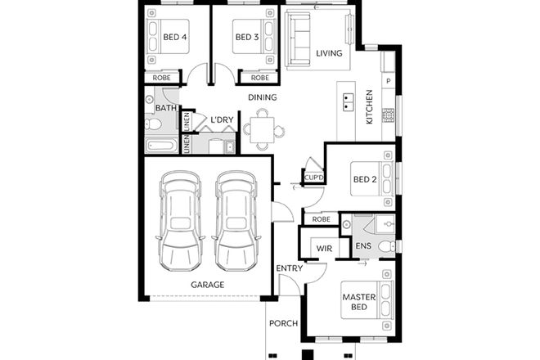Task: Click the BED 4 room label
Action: coord(175,37)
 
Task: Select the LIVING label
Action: coord(329,54)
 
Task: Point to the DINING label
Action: coord(263,97)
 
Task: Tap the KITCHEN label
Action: coord(369,106)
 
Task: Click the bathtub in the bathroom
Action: coord(160,146)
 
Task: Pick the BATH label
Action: coord(166,108)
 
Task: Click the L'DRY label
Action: coord(223,120)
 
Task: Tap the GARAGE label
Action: coord(207,285)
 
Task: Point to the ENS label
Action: coord(363,246)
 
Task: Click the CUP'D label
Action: coord(314,178)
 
